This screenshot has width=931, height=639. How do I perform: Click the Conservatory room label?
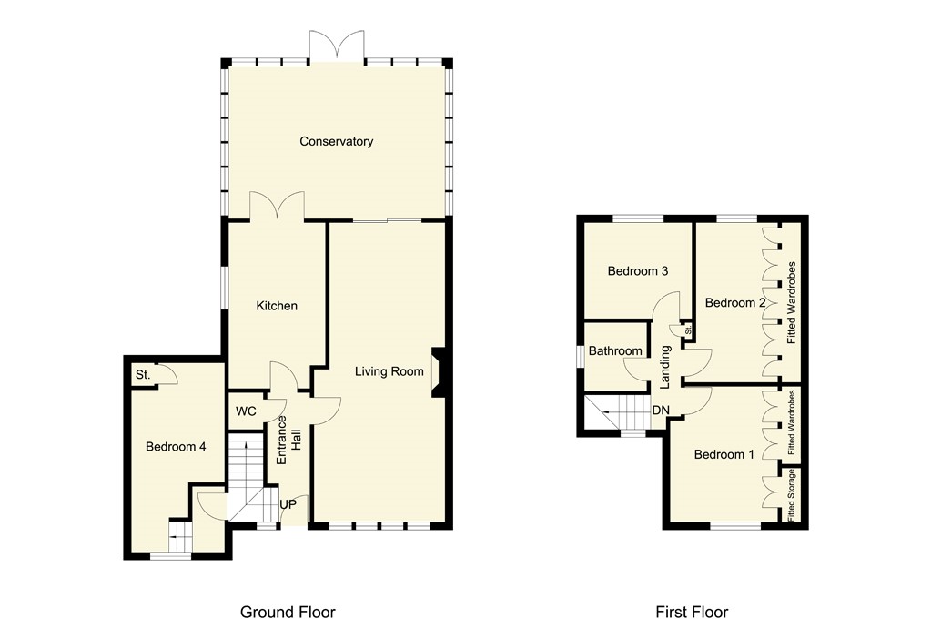[x=337, y=141]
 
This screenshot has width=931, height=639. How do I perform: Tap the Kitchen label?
[x=276, y=306]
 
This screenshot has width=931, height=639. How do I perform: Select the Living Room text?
[x=390, y=370]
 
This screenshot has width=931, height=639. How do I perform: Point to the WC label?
[x=246, y=411]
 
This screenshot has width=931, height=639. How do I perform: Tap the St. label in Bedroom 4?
[x=143, y=375]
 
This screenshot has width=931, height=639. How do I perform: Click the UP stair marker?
[x=288, y=503]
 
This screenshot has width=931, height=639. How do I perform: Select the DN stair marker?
[x=661, y=411]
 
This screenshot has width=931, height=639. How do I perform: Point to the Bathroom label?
[x=615, y=350]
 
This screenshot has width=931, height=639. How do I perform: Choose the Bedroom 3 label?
[x=638, y=270]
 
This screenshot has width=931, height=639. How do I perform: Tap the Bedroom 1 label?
[x=724, y=454]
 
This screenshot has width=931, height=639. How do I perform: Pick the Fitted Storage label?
[x=793, y=495]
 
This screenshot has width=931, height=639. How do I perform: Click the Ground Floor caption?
[x=288, y=612]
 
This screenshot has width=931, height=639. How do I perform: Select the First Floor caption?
[x=692, y=612]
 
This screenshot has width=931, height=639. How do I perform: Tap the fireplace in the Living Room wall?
[x=438, y=372]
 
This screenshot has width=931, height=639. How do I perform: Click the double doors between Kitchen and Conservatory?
[x=277, y=206]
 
